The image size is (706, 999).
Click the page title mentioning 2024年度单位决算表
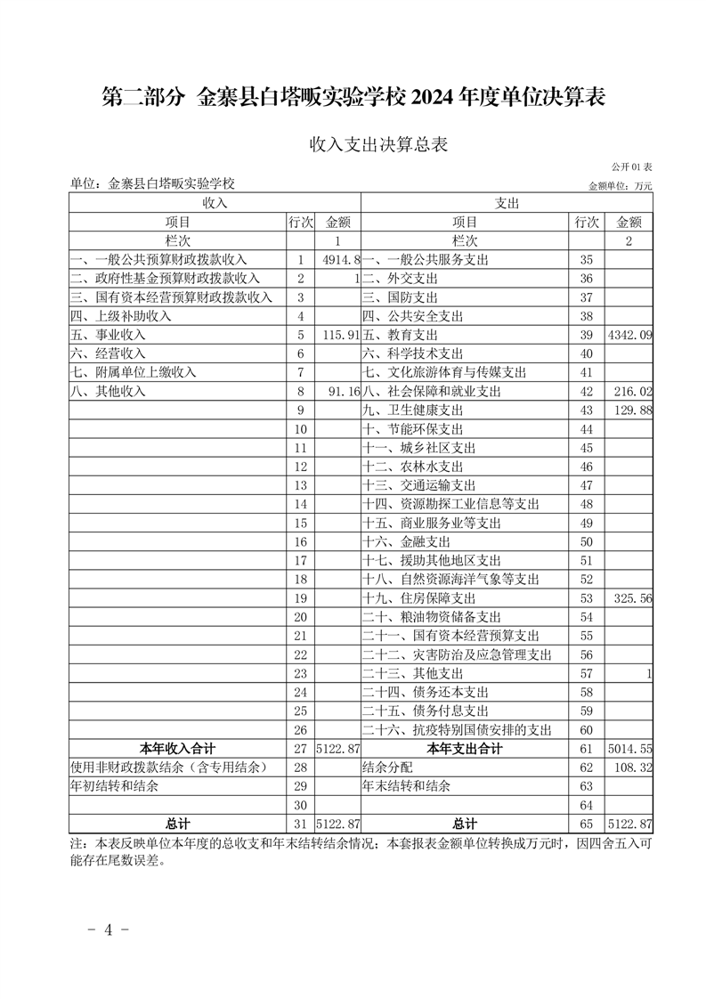pos(353,97)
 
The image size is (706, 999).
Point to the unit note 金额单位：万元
pos(621,186)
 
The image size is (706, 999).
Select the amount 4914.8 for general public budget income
pos(341,260)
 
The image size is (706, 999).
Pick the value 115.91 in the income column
pos(341,336)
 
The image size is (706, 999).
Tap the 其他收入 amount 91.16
pos(344,392)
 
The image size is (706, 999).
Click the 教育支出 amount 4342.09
pos(629,336)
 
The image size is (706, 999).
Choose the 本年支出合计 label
pos(465,749)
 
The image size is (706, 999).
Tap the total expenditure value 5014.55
pos(629,749)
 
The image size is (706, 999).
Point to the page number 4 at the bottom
pos(109,930)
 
